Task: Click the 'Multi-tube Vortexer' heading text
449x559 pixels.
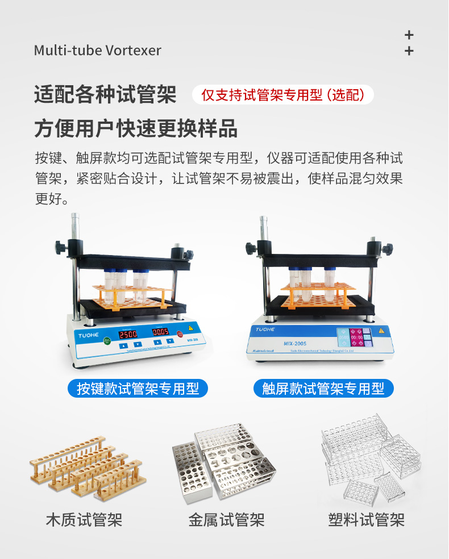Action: click(97, 51)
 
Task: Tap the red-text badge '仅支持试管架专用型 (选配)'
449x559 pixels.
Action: click(282, 94)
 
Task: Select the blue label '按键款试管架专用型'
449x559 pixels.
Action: click(138, 389)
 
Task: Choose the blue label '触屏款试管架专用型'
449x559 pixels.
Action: click(323, 389)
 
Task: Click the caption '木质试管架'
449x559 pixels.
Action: click(84, 519)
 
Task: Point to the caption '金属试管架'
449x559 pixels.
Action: click(226, 519)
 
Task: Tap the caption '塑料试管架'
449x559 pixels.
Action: click(367, 519)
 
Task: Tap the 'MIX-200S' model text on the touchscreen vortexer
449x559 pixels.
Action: click(296, 343)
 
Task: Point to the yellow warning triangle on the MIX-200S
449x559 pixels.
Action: click(381, 331)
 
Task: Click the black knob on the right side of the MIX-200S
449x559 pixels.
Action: click(388, 249)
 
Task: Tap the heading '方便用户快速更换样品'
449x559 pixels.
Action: click(136, 129)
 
